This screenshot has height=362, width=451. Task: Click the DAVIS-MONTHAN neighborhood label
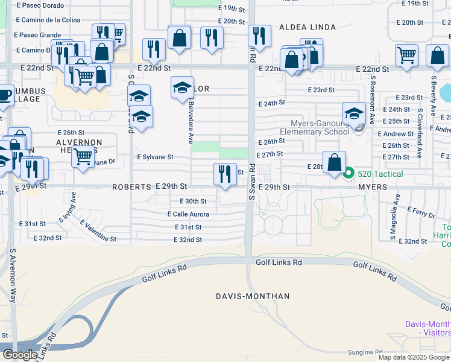point(253,296)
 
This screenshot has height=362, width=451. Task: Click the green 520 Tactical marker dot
point(348,174)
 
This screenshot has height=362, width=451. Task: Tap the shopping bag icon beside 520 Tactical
point(334,163)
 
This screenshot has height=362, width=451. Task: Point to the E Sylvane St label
point(155,157)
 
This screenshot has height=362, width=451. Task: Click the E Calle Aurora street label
point(188,214)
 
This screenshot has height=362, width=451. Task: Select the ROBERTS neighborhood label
point(131,188)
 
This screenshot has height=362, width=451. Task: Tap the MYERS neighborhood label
point(372,188)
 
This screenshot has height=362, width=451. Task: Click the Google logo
point(20,355)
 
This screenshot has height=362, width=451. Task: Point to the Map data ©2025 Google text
point(414,357)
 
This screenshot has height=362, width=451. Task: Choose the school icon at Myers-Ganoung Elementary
point(354,113)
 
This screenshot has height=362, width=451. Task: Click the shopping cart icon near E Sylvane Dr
point(83,157)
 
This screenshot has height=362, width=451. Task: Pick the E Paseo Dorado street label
point(40,5)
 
